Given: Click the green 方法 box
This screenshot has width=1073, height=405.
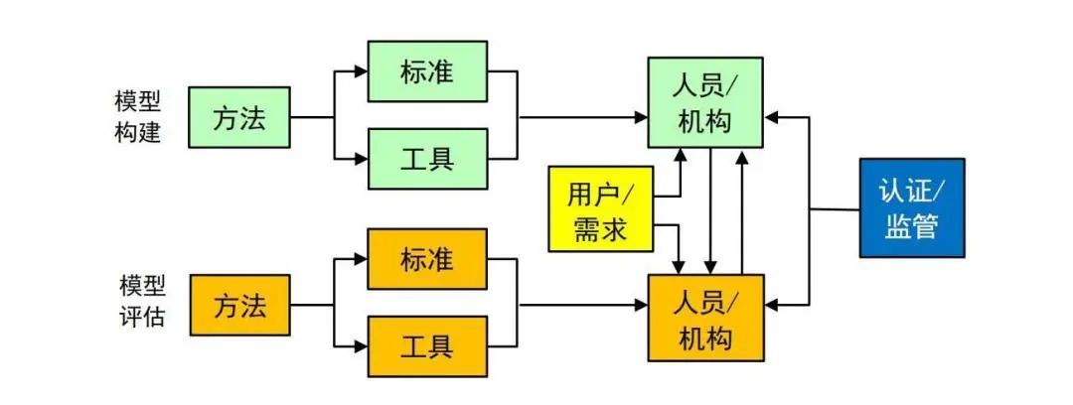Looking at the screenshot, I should pos(239,117).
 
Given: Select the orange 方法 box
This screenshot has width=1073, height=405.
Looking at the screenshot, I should pos(239,305).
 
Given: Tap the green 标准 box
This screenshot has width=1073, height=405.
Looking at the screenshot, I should pos(427,71).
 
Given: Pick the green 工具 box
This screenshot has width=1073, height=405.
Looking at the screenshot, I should pos(427,158).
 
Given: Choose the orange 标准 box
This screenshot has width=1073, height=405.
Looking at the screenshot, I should pos(427,259).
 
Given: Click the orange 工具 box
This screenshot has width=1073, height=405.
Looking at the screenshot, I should pos(427,346).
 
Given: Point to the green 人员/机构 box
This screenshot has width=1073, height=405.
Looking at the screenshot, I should pos(705,103).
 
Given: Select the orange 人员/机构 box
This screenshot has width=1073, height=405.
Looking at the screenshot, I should pos(705,320).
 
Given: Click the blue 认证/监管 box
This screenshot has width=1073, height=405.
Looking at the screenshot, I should pos(912,208).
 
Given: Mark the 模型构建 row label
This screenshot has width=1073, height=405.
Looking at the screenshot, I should pos(138,117).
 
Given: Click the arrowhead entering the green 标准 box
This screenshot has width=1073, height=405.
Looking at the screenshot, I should pos(361,71).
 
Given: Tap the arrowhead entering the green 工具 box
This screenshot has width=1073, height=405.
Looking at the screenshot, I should pos(361,158).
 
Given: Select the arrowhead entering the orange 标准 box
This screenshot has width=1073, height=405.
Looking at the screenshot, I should pos(361,259).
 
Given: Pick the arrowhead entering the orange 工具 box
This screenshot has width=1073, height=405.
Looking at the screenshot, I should pos(361,346).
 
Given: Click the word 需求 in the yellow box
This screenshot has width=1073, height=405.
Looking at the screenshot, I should pos(600,229).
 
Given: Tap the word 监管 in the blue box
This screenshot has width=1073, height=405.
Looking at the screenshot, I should pos(912,227).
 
